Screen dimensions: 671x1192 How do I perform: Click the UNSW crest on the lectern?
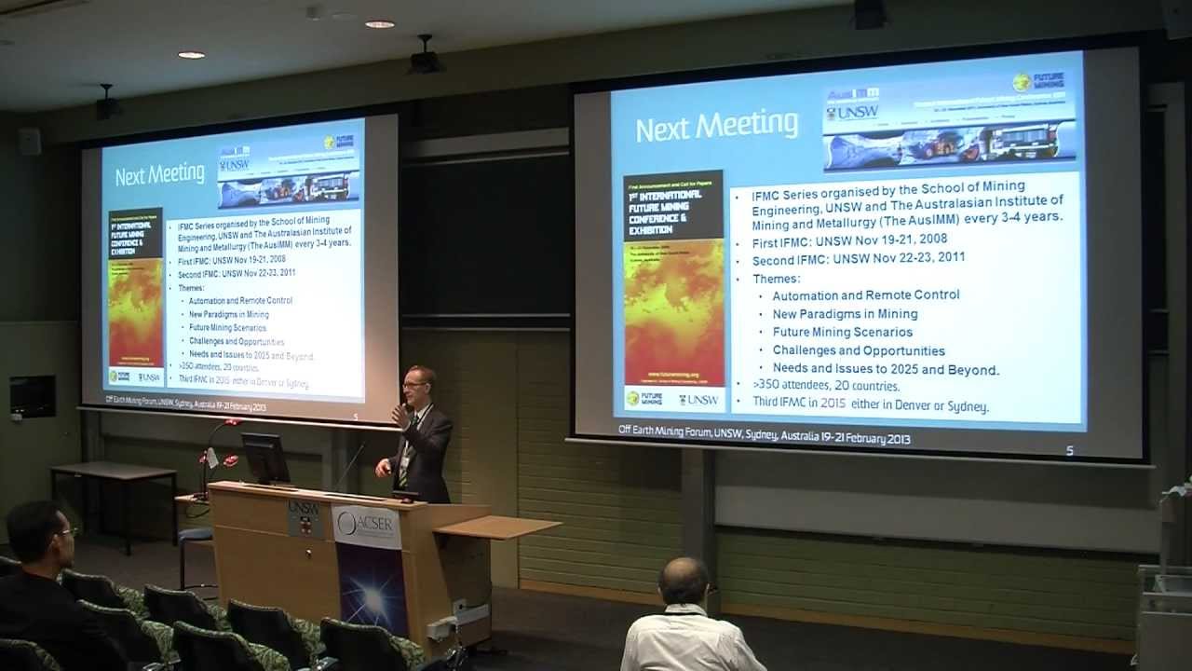(304, 518)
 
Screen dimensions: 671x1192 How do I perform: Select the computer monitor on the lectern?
(265, 458)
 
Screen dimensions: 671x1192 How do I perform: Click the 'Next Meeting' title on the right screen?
(716, 127)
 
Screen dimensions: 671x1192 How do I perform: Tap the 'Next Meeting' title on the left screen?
(159, 174)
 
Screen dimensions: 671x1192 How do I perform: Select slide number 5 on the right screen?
(1069, 451)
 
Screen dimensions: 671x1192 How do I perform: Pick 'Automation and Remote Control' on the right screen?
(865, 295)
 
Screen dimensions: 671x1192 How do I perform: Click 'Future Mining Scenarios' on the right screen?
(842, 333)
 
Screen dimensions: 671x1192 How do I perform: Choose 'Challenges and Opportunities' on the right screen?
(858, 351)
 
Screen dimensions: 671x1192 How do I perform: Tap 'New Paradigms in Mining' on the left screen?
(228, 315)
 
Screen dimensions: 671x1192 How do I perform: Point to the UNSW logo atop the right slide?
(852, 113)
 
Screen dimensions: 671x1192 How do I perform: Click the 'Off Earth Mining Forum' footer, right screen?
(764, 437)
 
